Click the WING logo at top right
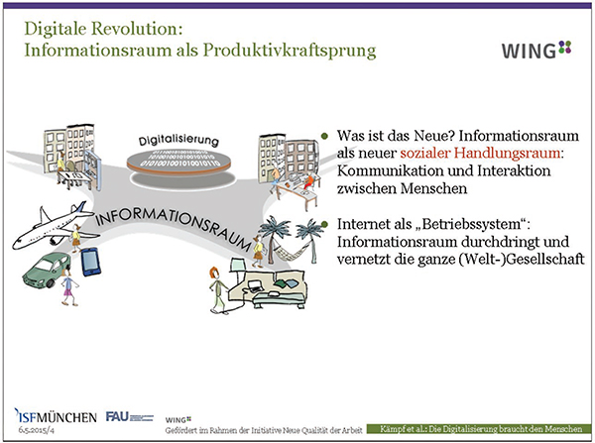536,51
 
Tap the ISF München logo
56,416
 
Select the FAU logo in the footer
129,417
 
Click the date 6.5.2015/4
36,431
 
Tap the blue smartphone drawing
91,262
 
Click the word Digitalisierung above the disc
178,141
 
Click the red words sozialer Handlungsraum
480,153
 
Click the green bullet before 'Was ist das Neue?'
324,136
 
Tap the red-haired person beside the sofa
218,289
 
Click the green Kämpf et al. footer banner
479,429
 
